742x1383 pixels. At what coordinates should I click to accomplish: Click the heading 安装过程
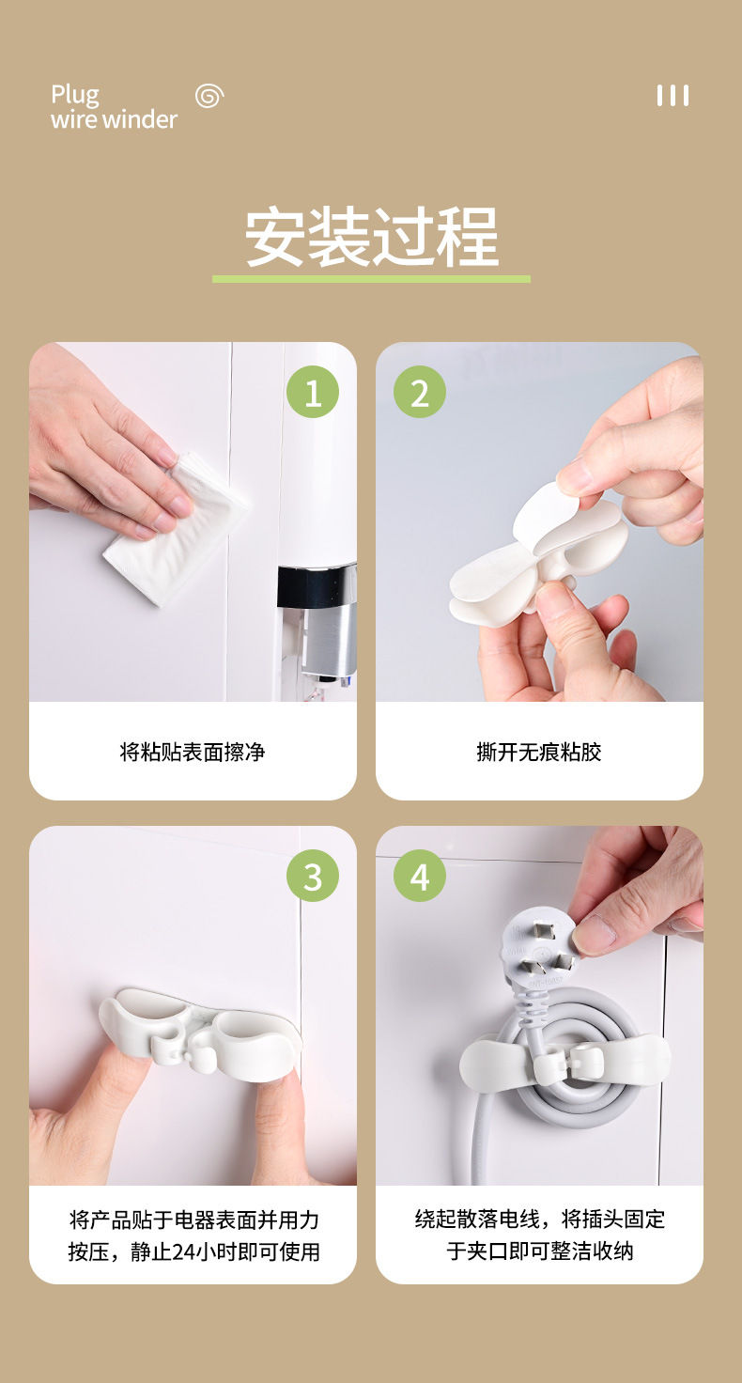[x=371, y=237]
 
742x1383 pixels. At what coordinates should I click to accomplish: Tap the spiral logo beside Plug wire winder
[x=209, y=96]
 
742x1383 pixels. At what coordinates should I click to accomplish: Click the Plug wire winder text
[x=114, y=107]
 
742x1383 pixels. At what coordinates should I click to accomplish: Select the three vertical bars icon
[x=672, y=96]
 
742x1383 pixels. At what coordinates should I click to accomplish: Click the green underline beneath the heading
[x=371, y=279]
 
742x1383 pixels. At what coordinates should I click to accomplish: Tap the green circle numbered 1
[x=313, y=392]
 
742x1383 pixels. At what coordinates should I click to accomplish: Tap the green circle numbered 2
[x=420, y=392]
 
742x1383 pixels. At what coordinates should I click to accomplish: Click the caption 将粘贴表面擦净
[x=193, y=752]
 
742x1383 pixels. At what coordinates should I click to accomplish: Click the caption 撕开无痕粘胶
[x=539, y=752]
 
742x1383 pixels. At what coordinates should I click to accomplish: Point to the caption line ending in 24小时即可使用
[x=193, y=1251]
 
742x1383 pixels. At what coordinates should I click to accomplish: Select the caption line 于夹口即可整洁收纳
[x=539, y=1251]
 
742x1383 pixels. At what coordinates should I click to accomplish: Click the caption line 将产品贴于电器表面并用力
[x=193, y=1220]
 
